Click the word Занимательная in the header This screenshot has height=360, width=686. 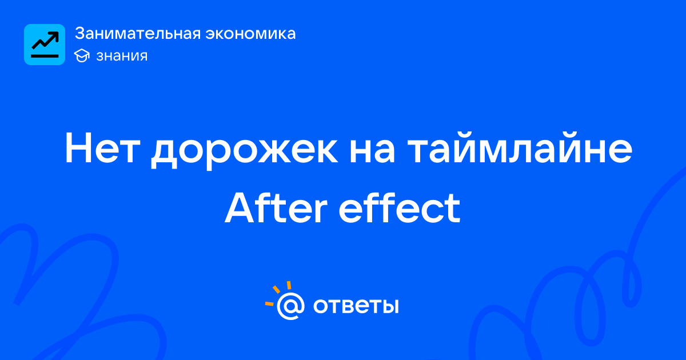pos(138,33)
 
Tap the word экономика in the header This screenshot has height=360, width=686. pos(250,34)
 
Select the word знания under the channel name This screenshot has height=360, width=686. pos(122,56)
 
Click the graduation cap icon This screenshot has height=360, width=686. pos(82,55)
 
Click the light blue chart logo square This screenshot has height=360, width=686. pos(45,45)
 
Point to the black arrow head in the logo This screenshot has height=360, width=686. pos(54,36)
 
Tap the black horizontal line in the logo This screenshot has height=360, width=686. pos(45,56)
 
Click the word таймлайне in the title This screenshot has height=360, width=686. pos(520,147)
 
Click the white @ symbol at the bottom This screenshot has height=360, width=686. pos(290,306)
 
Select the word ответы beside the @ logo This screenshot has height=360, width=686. pos(356,306)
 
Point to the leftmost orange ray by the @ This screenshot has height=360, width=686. pos(269,304)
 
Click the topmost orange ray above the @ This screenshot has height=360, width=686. pos(289,285)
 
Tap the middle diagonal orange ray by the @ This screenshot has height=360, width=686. pos(276,289)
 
